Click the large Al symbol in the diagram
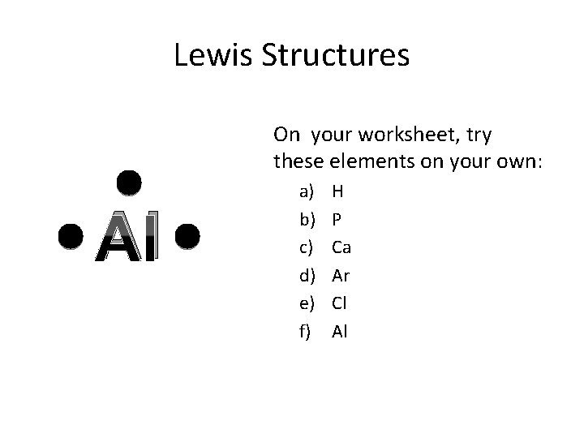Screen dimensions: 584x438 [129, 237]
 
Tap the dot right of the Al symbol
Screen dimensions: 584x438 [187, 236]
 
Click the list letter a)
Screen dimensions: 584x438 [307, 191]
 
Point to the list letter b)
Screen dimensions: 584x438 [307, 219]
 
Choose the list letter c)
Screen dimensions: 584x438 [307, 247]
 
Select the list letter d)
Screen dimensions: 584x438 [307, 276]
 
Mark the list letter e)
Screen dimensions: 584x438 [307, 303]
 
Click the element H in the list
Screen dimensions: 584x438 [338, 191]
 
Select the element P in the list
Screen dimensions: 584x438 [337, 219]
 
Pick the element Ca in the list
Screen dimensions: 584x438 [341, 247]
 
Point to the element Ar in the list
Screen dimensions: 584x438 [341, 276]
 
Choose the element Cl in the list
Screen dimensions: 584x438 [340, 303]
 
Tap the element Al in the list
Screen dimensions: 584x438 [339, 331]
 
